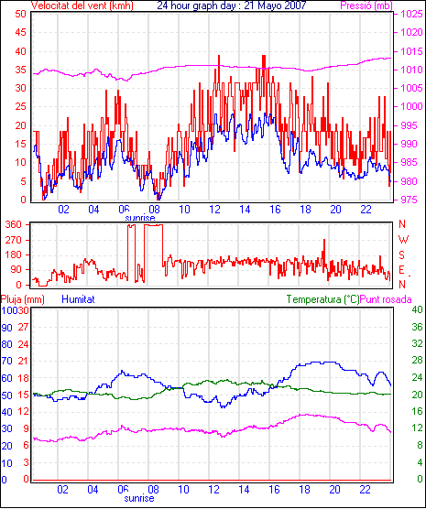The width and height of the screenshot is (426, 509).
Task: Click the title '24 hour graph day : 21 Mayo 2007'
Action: coord(232,5)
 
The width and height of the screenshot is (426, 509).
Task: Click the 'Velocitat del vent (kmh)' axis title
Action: coord(82,5)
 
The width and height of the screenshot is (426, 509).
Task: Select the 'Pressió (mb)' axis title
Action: coord(366,5)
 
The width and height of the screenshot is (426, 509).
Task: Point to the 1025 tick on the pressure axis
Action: coord(411,14)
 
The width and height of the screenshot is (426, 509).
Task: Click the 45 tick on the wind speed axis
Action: coord(20,32)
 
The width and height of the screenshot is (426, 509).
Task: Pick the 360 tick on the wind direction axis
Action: coord(14,224)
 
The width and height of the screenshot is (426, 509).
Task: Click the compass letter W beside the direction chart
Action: coord(403,240)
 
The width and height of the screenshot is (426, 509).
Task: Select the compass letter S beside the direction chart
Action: coord(401,255)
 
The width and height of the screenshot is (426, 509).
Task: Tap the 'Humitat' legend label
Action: coord(78,299)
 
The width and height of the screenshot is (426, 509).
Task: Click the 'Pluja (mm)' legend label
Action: coord(22,299)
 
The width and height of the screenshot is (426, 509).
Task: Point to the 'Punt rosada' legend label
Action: coord(386,299)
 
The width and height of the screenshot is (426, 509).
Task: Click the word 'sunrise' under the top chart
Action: coord(140,218)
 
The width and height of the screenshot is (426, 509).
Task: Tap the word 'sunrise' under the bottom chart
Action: coord(139,498)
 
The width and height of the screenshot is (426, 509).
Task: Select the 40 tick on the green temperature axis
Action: coord(417,310)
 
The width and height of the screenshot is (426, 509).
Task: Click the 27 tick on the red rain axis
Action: coord(23,327)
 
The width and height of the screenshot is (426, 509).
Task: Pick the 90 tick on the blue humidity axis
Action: coord(6,328)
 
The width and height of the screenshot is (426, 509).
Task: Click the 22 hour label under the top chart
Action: coord(366,210)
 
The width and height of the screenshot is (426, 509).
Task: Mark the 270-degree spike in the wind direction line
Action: coord(324,240)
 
